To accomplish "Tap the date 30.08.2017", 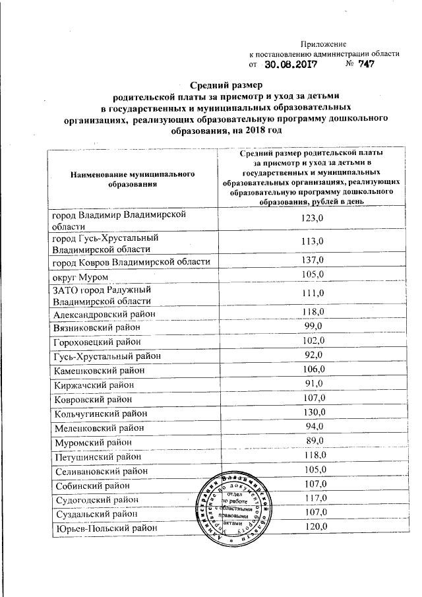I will [292, 65].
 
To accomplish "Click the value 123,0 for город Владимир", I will [311, 218].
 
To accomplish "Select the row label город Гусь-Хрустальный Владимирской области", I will [105, 243].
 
